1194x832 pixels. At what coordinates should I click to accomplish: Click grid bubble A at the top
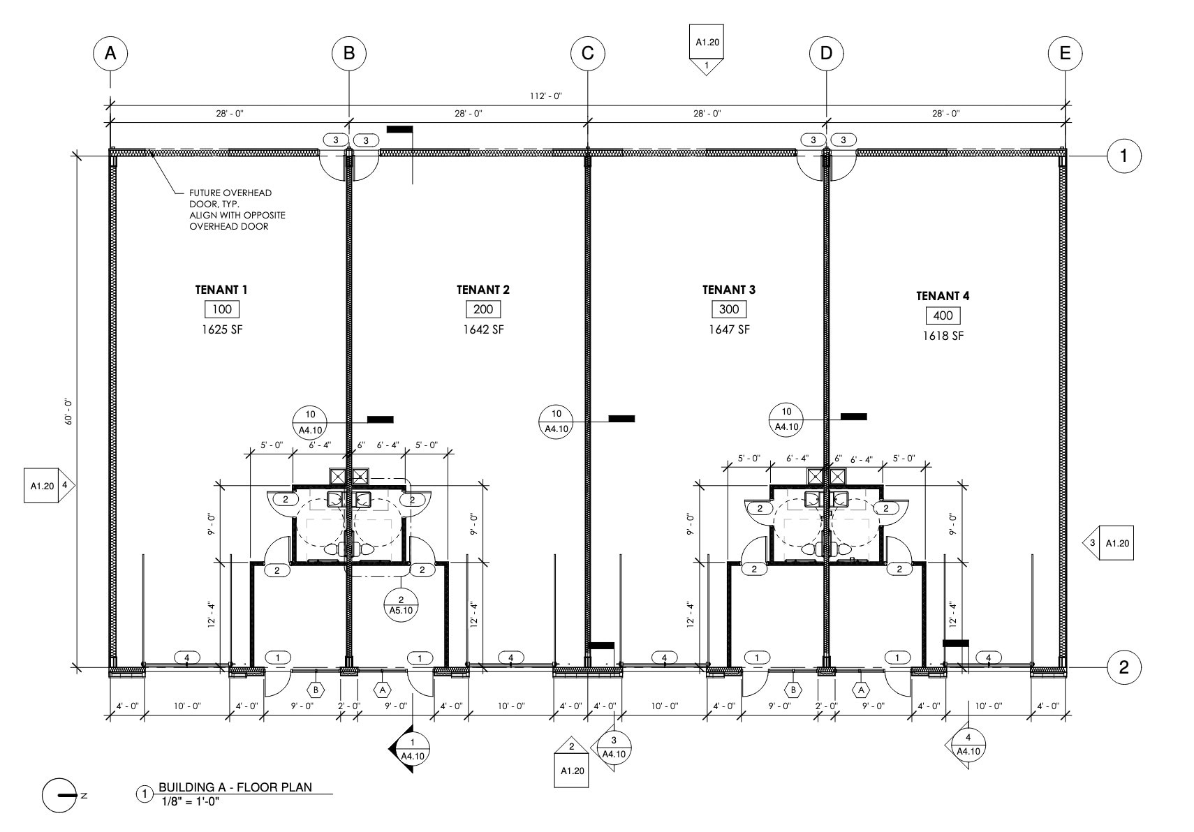110,53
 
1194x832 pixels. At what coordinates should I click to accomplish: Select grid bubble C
587,53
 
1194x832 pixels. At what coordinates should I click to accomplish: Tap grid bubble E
1065,53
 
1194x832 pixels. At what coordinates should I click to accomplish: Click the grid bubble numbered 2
1123,667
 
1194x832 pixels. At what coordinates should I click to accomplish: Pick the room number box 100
221,309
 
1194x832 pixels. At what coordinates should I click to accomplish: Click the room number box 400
943,315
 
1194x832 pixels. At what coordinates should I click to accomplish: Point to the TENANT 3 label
728,290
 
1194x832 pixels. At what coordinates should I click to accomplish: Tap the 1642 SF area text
483,329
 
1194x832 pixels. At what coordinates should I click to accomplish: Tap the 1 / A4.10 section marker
411,748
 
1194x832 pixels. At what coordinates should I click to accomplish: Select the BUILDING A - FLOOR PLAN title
235,787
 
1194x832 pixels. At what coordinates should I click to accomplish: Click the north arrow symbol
60,795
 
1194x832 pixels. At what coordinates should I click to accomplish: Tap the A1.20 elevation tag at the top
707,48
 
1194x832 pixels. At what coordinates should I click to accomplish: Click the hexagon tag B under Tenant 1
316,690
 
